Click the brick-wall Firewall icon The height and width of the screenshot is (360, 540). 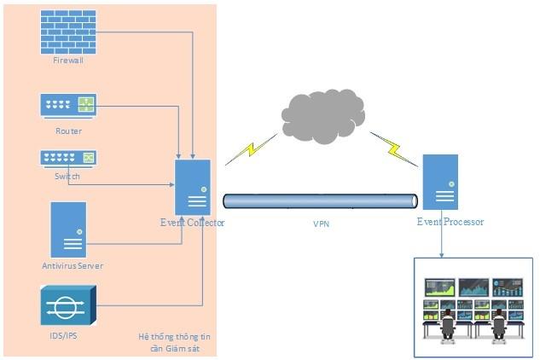[x=69, y=32]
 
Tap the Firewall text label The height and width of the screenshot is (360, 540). [x=68, y=61]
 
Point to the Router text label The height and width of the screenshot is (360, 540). [x=68, y=131]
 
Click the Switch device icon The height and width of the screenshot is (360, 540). [x=68, y=158]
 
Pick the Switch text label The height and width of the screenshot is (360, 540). [x=67, y=176]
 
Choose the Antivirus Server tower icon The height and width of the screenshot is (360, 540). [x=68, y=229]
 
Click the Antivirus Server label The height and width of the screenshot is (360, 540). [x=73, y=266]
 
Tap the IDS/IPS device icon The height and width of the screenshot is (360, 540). [x=68, y=306]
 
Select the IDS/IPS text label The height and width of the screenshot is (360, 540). [x=67, y=336]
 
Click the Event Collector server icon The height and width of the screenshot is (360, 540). [x=193, y=187]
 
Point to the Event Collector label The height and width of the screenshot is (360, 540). [x=192, y=223]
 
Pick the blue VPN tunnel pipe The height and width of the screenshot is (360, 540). [x=320, y=201]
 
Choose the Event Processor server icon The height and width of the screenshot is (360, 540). [x=440, y=182]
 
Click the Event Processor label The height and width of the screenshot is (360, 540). [x=450, y=222]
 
